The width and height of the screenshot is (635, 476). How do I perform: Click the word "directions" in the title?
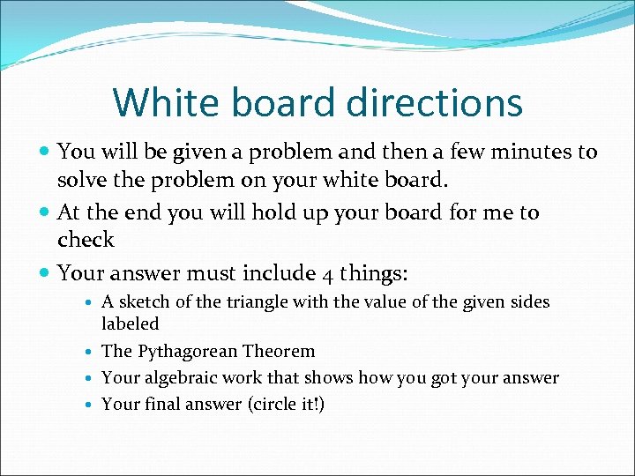point(434,102)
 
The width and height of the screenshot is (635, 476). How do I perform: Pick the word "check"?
point(86,240)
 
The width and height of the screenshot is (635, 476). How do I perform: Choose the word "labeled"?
point(131,324)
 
